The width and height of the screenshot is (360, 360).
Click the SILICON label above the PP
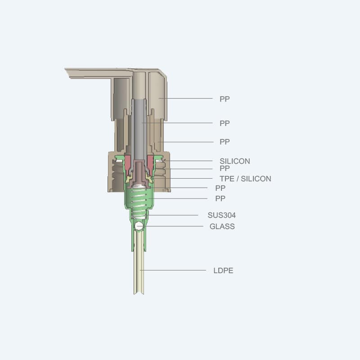click(x=234, y=161)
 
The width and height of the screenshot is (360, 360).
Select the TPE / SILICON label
click(x=245, y=179)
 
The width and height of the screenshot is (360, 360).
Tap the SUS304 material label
click(x=221, y=215)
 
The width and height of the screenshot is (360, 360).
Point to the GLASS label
click(x=222, y=226)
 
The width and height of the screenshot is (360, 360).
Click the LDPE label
click(x=223, y=270)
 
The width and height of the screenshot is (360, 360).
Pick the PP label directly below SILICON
click(x=225, y=168)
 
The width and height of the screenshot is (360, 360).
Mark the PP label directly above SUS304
click(x=220, y=198)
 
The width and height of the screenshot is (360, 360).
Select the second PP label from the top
click(x=225, y=123)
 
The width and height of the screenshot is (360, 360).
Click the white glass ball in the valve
click(x=139, y=225)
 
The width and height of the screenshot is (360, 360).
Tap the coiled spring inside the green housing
click(x=139, y=202)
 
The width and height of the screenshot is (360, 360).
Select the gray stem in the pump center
click(x=139, y=126)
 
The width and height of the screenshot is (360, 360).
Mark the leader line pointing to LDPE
click(x=175, y=270)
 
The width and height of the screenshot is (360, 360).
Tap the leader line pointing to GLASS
click(x=175, y=226)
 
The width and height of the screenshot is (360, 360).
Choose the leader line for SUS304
click(x=175, y=215)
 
